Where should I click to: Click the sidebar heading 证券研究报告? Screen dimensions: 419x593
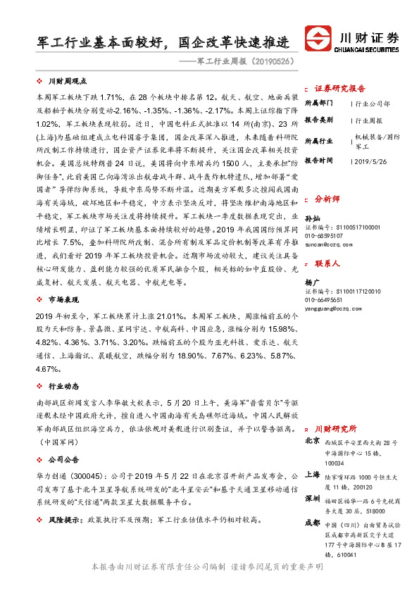coord(339,89)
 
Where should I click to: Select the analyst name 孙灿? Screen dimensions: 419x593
coord(311,219)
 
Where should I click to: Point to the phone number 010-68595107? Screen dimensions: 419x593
coord(327,235)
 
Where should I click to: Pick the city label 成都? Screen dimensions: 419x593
coord(312,523)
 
